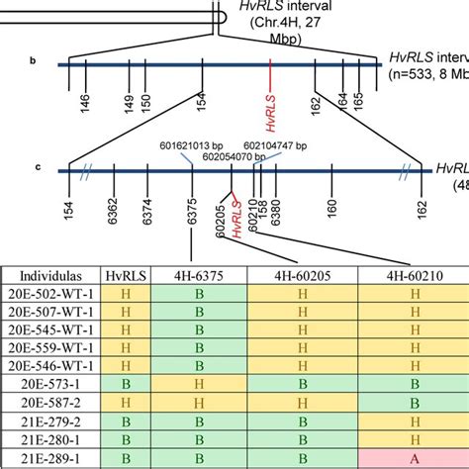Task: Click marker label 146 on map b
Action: (x=85, y=104)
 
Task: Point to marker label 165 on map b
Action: (x=358, y=102)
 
